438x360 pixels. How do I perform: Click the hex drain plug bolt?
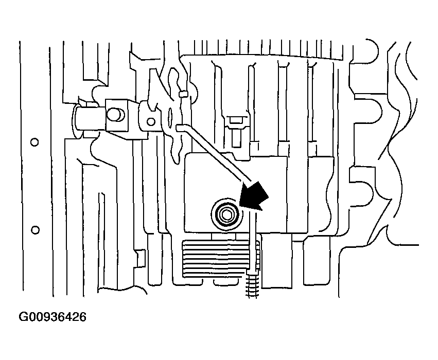[x=225, y=212]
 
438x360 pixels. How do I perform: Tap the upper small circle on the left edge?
[x=34, y=141]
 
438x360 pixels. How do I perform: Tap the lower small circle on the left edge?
[x=34, y=228]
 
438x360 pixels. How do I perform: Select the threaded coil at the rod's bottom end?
[x=251, y=284]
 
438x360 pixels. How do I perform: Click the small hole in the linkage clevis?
[x=150, y=122]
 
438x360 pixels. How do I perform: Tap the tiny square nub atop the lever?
[x=182, y=94]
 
